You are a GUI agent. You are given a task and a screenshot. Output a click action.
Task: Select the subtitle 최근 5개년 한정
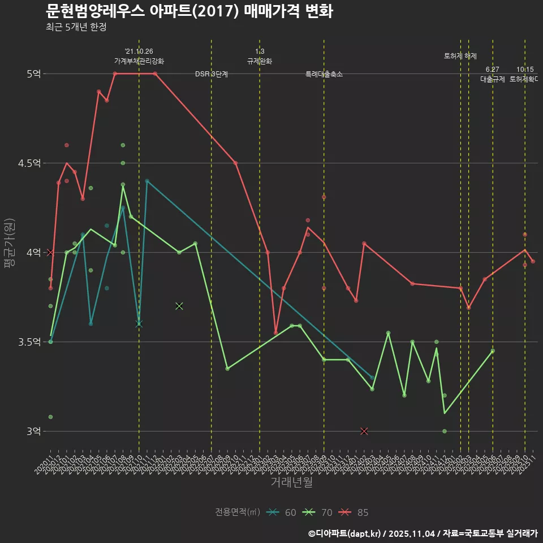point(76,27)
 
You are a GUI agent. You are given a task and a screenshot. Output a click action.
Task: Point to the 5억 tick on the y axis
point(33,74)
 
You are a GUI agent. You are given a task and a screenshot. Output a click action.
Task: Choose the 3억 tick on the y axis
point(33,431)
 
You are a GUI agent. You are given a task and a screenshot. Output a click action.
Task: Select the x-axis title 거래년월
point(291,482)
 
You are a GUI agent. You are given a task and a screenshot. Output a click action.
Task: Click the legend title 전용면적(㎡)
point(238,512)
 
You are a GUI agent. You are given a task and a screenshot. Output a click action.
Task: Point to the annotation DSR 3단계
point(212,74)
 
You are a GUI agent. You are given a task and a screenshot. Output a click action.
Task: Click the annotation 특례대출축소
point(324,74)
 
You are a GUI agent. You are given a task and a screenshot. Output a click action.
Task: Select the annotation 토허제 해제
point(460,56)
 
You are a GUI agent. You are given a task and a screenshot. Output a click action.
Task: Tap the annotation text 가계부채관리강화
point(139,61)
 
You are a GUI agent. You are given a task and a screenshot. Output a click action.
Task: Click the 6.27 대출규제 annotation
point(493,75)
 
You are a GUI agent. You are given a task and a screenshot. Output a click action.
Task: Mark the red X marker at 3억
point(364,431)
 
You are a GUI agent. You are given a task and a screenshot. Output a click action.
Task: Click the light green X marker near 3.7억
point(179,306)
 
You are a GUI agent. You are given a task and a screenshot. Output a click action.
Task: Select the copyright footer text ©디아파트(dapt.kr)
point(348,533)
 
